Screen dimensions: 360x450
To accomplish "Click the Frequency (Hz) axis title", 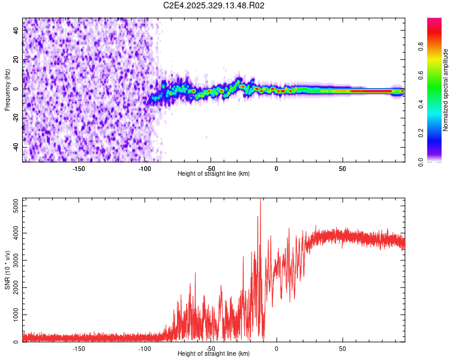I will pyautogui.click(x=7, y=90).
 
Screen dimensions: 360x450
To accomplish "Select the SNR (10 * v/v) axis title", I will pyautogui.click(x=7, y=269).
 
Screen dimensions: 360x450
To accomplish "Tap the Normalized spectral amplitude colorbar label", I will pyautogui.click(x=445, y=90).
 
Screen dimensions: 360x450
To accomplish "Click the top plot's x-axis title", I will pyautogui.click(x=214, y=173).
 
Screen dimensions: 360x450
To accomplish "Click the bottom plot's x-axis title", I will pyautogui.click(x=214, y=353).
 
